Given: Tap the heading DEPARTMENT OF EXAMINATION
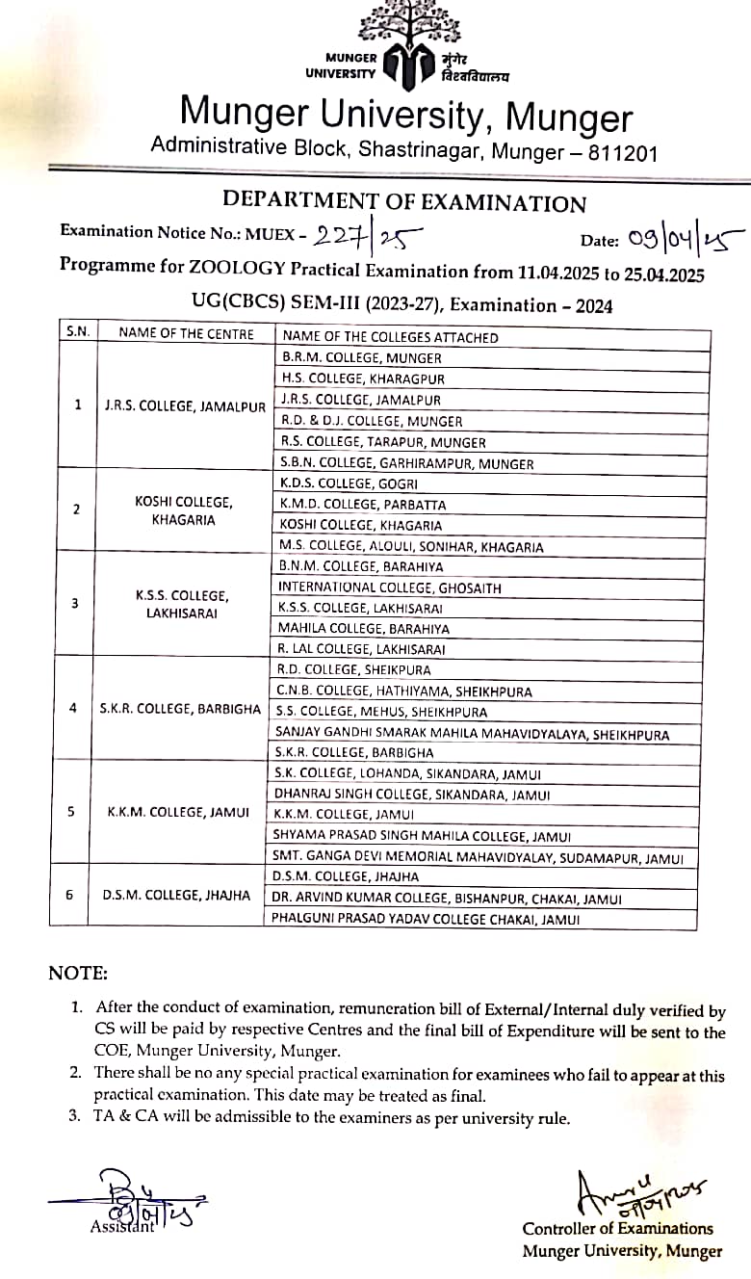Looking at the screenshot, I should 404,202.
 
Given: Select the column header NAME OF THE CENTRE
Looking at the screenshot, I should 187,334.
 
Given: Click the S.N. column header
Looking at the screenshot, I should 78,333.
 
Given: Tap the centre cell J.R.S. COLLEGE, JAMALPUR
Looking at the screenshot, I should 185,406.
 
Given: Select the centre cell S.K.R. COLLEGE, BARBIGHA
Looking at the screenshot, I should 180,709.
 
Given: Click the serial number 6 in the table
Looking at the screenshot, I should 69,895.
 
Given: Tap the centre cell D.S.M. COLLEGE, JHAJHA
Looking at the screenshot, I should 176,896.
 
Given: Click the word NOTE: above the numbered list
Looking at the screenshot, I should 78,974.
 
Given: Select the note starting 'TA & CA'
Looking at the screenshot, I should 332,1119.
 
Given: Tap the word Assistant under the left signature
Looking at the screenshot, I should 121,1227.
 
